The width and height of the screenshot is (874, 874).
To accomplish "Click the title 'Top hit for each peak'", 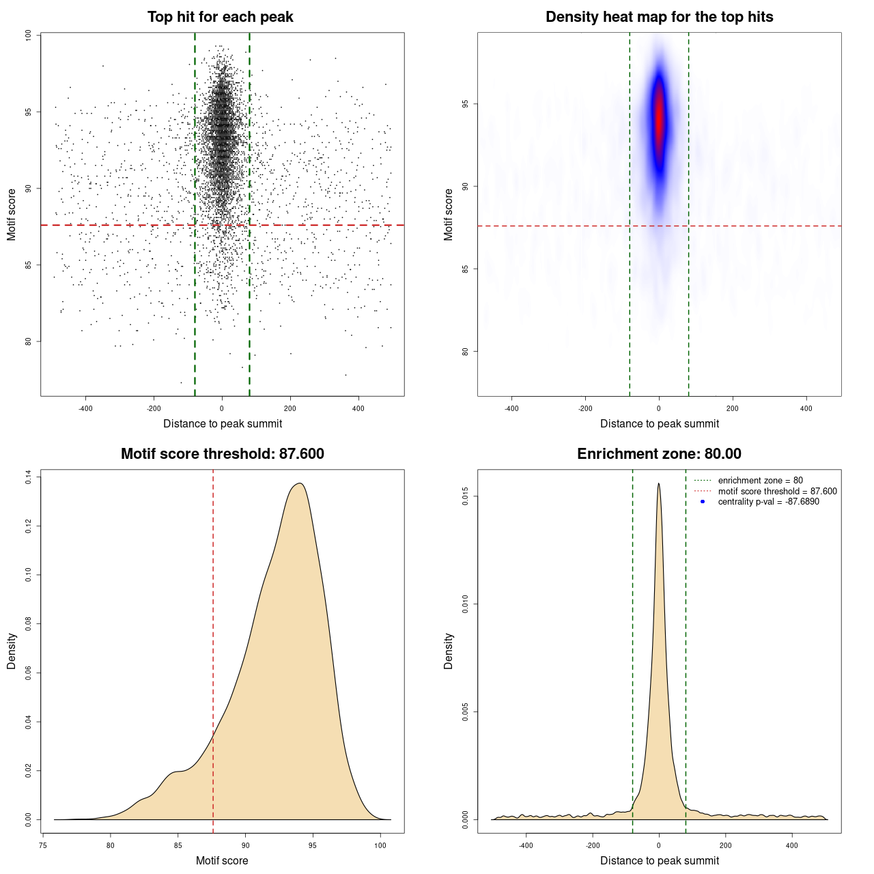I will (x=221, y=17).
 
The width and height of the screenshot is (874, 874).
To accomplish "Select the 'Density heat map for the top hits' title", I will (x=659, y=17).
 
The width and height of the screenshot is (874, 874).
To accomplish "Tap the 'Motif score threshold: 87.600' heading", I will (x=222, y=454).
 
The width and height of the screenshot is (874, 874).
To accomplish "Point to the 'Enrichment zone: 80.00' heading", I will (x=659, y=454).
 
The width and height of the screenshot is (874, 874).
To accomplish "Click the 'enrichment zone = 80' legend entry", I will (x=760, y=481).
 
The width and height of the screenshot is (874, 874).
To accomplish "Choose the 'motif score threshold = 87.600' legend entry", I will (x=777, y=492).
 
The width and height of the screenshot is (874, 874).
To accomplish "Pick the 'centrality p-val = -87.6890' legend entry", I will (x=768, y=502).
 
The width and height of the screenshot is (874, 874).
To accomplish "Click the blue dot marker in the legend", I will (x=703, y=502).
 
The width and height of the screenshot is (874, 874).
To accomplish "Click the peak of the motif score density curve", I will (x=299, y=483).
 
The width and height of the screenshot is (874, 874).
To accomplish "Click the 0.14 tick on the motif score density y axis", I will (x=29, y=477).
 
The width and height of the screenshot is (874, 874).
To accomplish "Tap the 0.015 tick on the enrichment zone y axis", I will (x=465, y=496).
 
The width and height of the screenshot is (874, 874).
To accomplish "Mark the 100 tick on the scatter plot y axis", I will (x=29, y=36).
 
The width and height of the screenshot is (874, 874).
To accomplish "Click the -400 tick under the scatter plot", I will (x=85, y=408).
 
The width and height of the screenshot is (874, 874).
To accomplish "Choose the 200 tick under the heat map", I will (x=733, y=408).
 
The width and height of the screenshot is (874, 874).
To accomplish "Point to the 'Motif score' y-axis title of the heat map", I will (x=449, y=214).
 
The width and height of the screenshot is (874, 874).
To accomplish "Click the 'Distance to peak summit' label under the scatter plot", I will (x=223, y=424).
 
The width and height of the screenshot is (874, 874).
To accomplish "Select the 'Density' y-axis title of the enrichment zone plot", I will (x=449, y=651).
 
